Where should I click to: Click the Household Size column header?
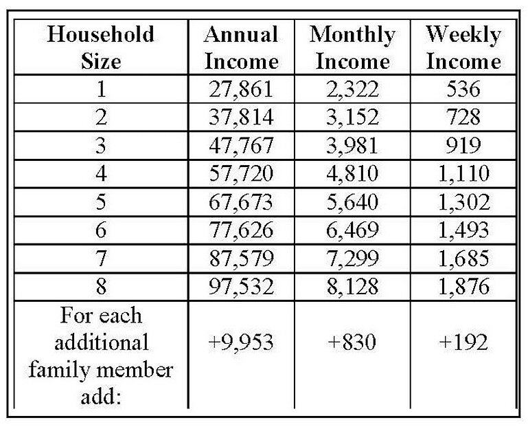pyautogui.click(x=101, y=47)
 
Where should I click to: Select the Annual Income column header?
pyautogui.click(x=242, y=47)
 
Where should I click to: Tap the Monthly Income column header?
pyautogui.click(x=352, y=47)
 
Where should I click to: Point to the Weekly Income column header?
pyautogui.click(x=463, y=47)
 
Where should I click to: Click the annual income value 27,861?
pyautogui.click(x=241, y=89)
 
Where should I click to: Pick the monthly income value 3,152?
pyautogui.click(x=352, y=118)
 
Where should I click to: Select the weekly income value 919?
pyautogui.click(x=463, y=146)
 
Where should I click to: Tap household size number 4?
pyautogui.click(x=101, y=174)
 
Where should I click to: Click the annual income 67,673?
pyautogui.click(x=241, y=202)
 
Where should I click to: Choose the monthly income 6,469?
pyautogui.click(x=352, y=230)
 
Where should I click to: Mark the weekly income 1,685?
pyautogui.click(x=463, y=259)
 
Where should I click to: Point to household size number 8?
pyautogui.click(x=101, y=286)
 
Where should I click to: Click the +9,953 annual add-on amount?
pyautogui.click(x=241, y=342)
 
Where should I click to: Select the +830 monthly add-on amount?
pyautogui.click(x=352, y=342)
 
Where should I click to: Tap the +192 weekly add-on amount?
pyautogui.click(x=463, y=342)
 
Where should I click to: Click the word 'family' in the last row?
pyautogui.click(x=60, y=370)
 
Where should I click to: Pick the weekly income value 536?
pyautogui.click(x=463, y=89)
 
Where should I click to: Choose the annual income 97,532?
pyautogui.click(x=241, y=287)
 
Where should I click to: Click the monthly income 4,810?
pyautogui.click(x=352, y=174)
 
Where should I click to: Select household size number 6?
pyautogui.click(x=101, y=230)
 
